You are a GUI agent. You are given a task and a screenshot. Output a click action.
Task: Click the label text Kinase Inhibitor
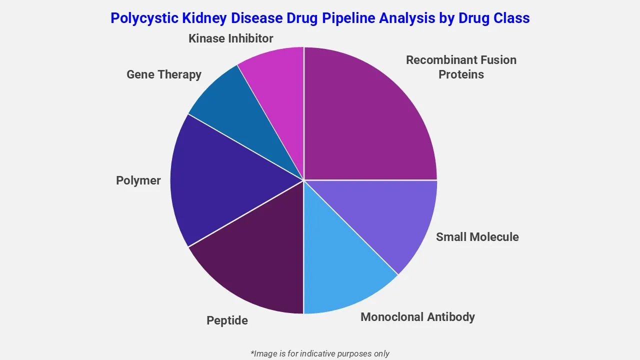(x=230, y=38)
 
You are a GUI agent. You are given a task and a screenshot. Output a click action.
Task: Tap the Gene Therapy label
(x=163, y=74)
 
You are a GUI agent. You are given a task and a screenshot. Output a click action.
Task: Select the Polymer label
(x=138, y=180)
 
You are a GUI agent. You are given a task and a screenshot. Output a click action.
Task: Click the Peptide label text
(x=227, y=320)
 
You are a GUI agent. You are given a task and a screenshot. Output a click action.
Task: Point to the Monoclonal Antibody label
(x=417, y=317)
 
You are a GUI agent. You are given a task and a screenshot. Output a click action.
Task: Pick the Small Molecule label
(x=477, y=237)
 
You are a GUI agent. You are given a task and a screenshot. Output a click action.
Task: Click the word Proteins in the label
(x=461, y=74)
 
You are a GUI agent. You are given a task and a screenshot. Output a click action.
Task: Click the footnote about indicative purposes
(x=320, y=353)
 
